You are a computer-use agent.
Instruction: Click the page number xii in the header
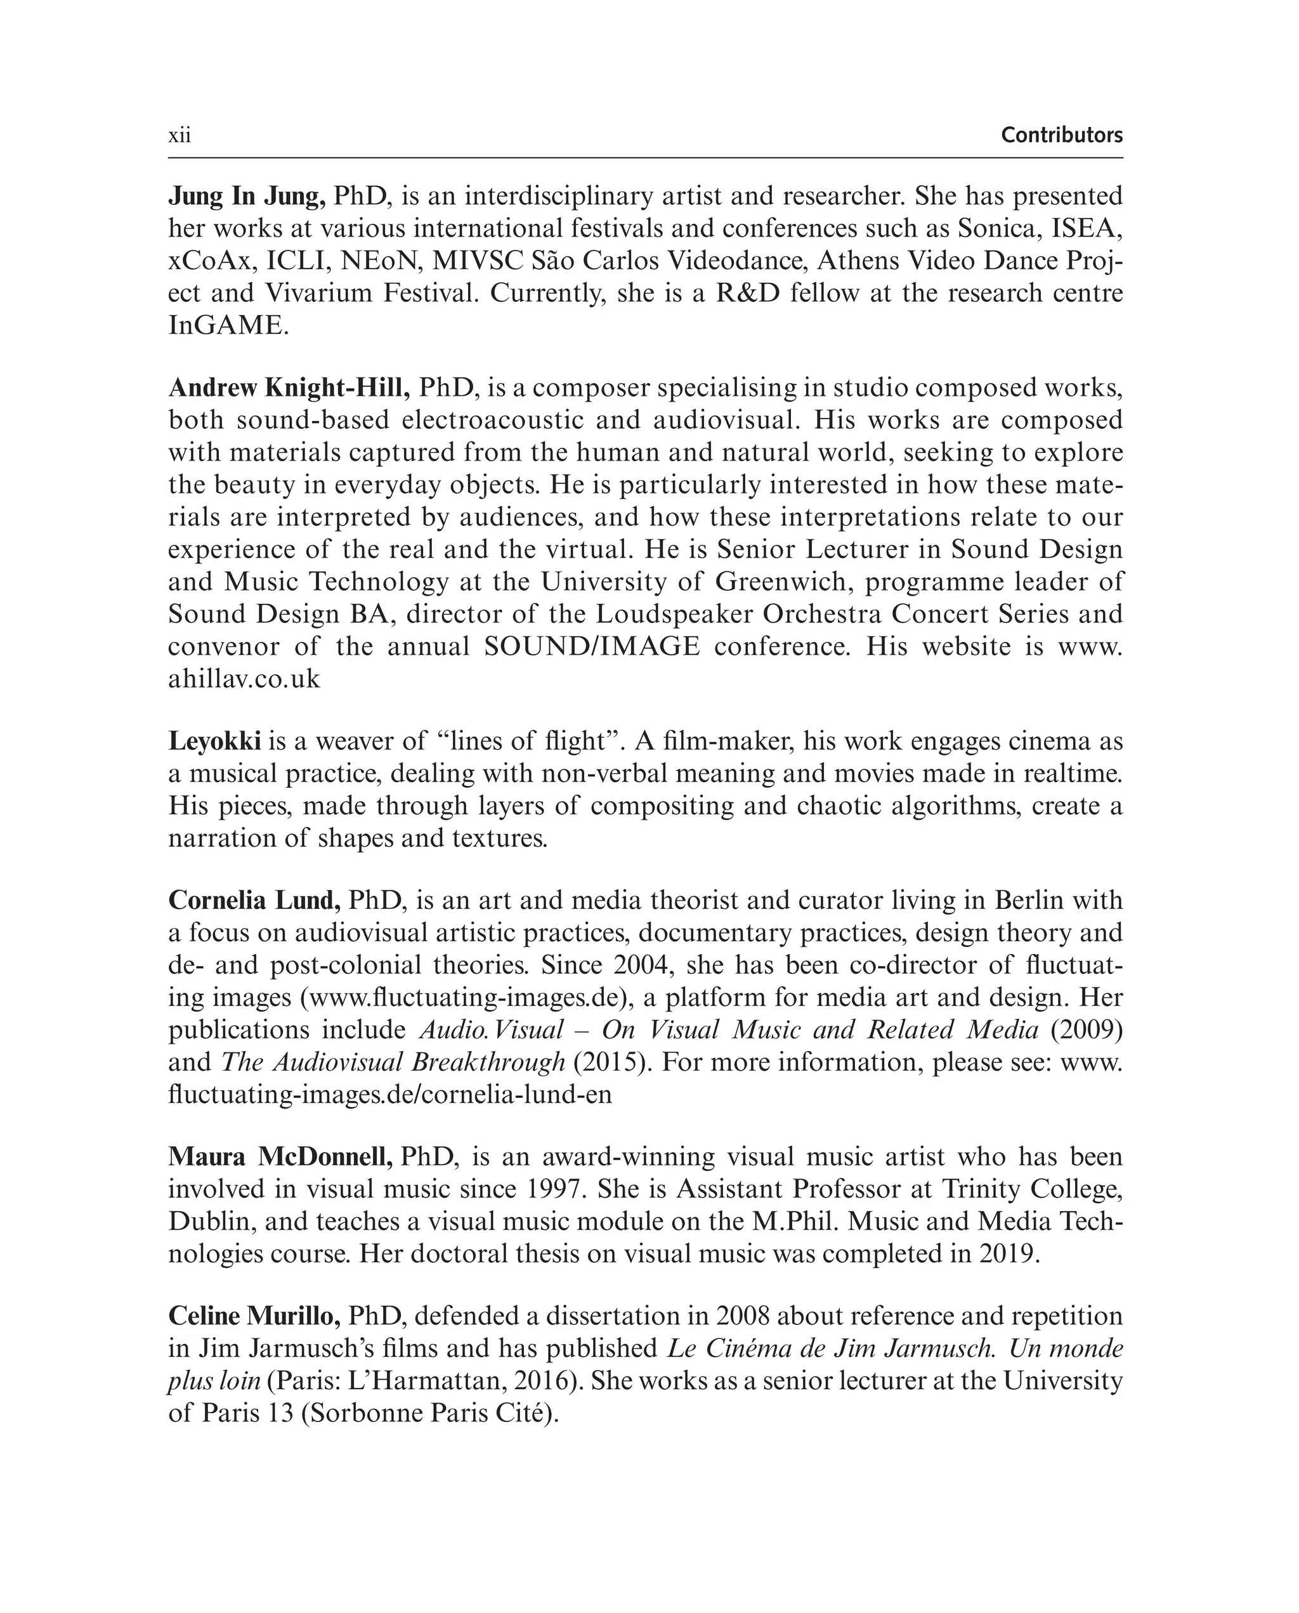(x=180, y=135)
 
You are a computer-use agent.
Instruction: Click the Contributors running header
(x=1061, y=135)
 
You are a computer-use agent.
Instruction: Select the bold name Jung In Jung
(x=246, y=196)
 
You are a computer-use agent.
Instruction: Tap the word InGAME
(x=228, y=325)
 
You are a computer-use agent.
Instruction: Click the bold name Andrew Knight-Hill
(x=289, y=388)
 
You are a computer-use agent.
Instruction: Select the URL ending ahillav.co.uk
(x=244, y=679)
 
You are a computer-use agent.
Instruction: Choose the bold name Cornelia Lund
(x=254, y=900)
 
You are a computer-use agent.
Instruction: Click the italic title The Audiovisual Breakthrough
(x=393, y=1062)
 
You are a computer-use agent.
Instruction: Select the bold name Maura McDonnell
(x=280, y=1157)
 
